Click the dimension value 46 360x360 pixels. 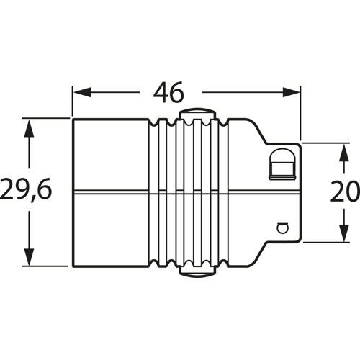[168, 93]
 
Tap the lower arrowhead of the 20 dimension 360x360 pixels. [340, 235]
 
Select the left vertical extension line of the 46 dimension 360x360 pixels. [73, 101]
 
